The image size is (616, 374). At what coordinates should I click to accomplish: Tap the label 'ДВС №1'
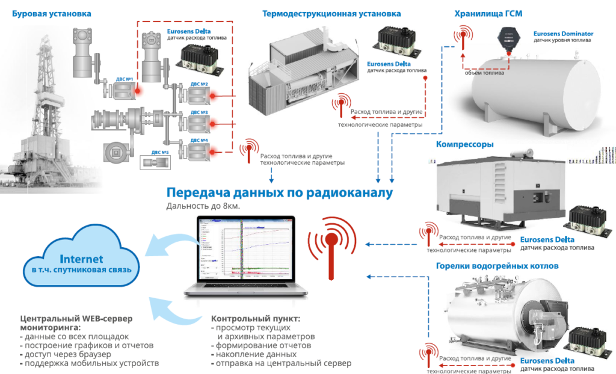125,79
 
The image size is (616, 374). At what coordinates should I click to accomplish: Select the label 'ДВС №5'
161,153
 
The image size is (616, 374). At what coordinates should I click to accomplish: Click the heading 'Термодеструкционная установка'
331,13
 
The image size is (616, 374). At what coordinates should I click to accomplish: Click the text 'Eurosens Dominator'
562,34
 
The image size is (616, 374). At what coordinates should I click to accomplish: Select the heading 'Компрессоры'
464,144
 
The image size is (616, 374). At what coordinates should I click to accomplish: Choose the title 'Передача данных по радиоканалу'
279,193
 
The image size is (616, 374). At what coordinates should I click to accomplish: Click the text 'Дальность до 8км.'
202,207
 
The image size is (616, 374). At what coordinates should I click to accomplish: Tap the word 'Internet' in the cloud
81,259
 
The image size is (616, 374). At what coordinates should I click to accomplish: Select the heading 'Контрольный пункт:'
255,318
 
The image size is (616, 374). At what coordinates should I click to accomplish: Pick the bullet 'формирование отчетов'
262,346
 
